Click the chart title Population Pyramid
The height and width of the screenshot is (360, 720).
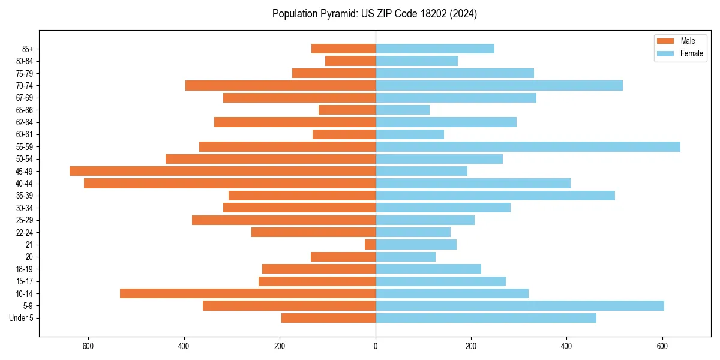coord(374,14)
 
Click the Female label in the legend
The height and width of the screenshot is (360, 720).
coord(691,53)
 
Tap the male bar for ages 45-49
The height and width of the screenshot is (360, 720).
coord(223,171)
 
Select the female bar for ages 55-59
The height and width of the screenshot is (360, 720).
coord(528,146)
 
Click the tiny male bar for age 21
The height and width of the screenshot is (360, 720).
coord(370,244)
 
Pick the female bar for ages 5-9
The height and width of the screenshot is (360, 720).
coord(520,305)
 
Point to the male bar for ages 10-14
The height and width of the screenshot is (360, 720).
coord(248,293)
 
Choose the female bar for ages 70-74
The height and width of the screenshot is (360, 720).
coord(499,85)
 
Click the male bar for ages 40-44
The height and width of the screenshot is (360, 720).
coord(230,183)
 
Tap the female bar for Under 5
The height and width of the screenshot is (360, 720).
coord(486,318)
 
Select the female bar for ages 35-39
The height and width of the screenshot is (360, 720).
coord(495,196)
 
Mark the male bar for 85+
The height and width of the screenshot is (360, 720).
coord(343,49)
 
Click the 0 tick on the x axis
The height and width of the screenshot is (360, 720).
coord(376,346)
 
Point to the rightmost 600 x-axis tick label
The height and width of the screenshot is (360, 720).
coord(662,346)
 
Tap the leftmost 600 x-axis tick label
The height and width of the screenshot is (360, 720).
coord(88,346)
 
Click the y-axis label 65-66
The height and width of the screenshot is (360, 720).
coord(24,110)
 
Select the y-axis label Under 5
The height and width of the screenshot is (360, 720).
coord(21,318)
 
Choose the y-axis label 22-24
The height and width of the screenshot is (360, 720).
coord(24,232)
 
